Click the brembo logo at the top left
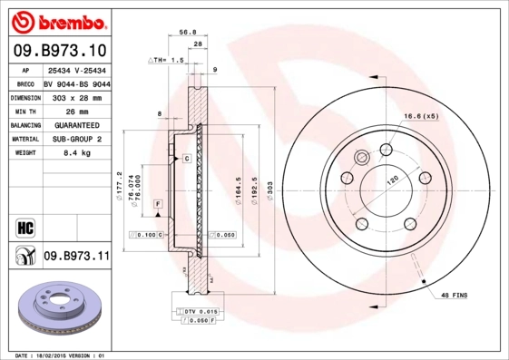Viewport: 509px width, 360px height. point(59,20)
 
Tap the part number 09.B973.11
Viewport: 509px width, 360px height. point(76,258)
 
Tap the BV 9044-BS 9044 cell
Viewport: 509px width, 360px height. point(77,82)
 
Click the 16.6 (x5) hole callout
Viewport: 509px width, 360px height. point(420,115)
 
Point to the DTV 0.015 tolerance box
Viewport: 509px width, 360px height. point(200,312)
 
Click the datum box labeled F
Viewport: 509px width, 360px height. point(157,208)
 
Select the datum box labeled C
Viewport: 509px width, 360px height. point(186,159)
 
